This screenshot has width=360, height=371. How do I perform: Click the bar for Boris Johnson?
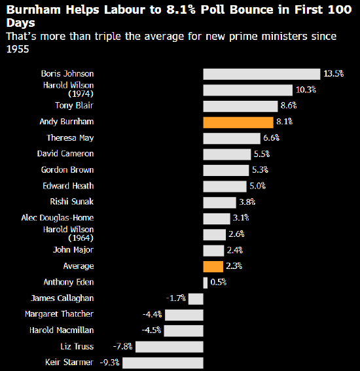[x=262, y=75]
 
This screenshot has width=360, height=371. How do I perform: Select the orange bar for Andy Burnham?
[x=238, y=122]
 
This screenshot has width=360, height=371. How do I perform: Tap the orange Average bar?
[x=213, y=267]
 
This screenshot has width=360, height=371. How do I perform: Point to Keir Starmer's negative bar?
[x=163, y=362]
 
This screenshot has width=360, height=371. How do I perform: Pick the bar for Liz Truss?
[x=170, y=347]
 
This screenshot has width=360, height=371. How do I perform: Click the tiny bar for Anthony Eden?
[x=206, y=283]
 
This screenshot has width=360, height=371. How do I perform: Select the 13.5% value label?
[x=334, y=73]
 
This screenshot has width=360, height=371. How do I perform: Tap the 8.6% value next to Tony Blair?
[x=289, y=105]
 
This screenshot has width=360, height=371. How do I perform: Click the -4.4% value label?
[x=153, y=315]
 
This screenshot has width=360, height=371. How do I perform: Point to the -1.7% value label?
[x=176, y=298]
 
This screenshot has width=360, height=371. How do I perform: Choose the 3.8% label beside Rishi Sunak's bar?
[x=247, y=202]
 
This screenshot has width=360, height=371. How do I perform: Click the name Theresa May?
[x=70, y=138]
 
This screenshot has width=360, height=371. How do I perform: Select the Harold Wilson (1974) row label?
[x=69, y=90]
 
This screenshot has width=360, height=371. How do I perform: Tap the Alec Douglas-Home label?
[x=58, y=218]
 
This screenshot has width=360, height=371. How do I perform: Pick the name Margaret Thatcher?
[x=59, y=314]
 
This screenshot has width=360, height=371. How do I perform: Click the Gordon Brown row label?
[x=67, y=170]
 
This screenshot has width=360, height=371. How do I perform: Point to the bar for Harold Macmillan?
[x=183, y=331]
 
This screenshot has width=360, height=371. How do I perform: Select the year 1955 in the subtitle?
[x=18, y=49]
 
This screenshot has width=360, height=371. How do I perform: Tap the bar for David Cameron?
[x=227, y=154]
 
